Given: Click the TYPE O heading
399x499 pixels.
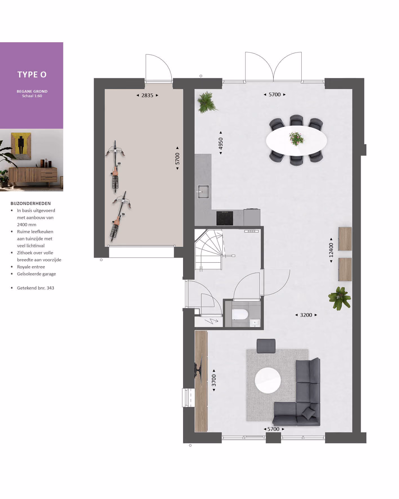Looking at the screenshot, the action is coord(32,74).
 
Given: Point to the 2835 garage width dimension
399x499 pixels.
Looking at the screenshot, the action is coord(147,95).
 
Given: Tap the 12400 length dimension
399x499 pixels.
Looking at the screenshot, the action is coord(331,250).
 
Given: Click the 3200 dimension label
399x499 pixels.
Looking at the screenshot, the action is coord(306,315).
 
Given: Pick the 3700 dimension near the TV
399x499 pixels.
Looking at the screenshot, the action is coord(214,380).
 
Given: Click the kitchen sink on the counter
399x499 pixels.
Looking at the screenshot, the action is coord(203,191).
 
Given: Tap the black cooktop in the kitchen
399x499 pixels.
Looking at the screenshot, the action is coord(225,218).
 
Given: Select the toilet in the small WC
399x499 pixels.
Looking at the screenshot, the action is coord(240,314).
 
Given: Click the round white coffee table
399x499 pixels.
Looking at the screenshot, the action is coord(268,380).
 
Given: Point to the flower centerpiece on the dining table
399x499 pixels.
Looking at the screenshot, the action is coord(296,139).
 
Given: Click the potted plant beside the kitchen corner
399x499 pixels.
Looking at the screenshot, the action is coord(207,102).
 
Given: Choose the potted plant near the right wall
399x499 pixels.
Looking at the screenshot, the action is coord(340,298).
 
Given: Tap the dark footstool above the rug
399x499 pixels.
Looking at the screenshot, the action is coord(266,346).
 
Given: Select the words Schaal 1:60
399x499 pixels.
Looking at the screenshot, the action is coord(32,96).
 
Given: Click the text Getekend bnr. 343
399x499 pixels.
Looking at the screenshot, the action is coord(35,288).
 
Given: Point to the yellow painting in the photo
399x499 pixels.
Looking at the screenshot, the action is coord(21,146).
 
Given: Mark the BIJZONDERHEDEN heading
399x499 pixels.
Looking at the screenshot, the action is coord(31,203).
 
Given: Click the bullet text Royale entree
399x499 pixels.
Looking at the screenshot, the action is coord(31,267).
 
